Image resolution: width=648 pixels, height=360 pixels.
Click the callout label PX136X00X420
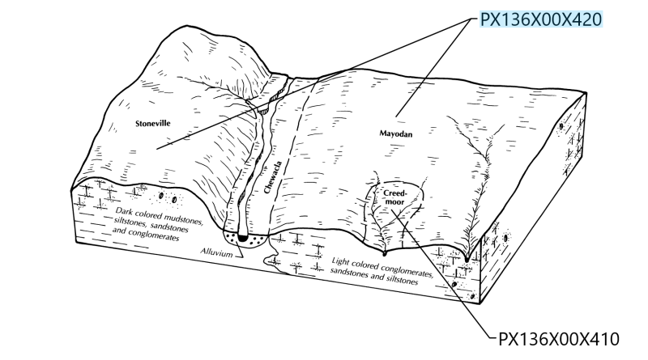coord(540,19)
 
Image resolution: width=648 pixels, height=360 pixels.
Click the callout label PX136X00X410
coord(559,339)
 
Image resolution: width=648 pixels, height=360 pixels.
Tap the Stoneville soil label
coord(153,123)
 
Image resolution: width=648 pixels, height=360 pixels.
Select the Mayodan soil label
coord(396,133)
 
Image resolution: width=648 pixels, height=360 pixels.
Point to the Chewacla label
coord(273,177)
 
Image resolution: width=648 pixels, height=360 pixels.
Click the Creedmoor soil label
coord(395,197)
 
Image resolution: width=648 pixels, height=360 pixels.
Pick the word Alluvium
coord(217,252)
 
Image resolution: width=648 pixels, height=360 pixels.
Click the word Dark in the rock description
coord(123,210)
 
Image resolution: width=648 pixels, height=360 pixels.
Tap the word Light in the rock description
coord(341,261)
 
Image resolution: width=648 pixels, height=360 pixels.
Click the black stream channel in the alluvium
coord(242,238)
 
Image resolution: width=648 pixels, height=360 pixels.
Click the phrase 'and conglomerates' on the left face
coord(146,234)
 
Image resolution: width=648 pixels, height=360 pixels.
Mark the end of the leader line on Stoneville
coord(156,148)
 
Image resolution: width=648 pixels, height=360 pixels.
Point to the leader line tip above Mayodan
coord(396,116)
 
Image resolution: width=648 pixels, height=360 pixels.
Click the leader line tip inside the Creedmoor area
coord(392,210)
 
